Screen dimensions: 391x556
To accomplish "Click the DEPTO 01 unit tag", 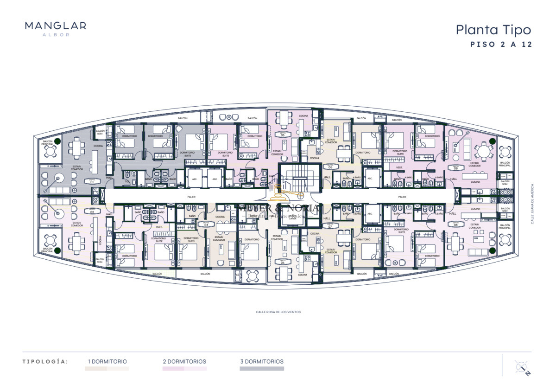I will coord(92,182).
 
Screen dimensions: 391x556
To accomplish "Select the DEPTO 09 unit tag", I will coord(455,168).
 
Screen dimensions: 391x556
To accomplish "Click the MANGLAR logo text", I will coord(55,26).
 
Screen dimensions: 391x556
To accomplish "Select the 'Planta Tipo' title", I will coord(493,30).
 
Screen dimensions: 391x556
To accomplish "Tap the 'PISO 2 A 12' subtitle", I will coord(500,45).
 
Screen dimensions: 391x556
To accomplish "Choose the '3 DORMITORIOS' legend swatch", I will coord(261,369).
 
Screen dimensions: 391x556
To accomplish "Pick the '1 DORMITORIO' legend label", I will coord(107,361).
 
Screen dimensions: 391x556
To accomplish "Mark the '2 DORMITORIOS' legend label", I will coord(184,361).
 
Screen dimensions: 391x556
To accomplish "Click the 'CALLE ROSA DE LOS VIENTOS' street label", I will coord(278,312).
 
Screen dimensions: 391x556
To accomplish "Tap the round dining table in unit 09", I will coord(484,152).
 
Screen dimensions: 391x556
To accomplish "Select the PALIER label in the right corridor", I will coord(401,196).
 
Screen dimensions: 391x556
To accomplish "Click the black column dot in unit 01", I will coord(57,141).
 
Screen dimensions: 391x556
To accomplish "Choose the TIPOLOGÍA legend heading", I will coord(45,361).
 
